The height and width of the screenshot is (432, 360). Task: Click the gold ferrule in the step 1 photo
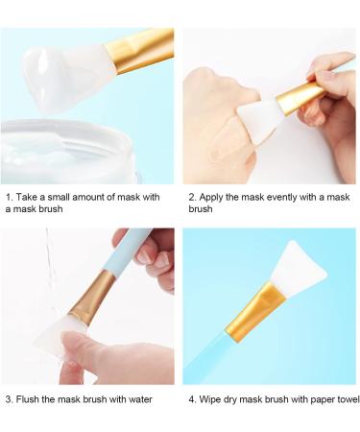coord(140,50)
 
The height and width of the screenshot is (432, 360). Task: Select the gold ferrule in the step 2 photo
coord(300,97)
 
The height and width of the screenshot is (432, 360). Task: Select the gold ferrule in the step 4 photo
coord(255,312)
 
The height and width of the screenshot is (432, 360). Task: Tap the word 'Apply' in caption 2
coord(210,198)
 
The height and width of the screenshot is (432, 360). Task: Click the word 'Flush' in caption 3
coord(28,399)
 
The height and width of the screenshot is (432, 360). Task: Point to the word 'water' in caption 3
coord(140,399)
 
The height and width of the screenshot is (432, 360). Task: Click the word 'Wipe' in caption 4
coord(209,399)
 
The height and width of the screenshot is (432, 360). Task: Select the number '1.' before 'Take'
coord(10,197)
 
